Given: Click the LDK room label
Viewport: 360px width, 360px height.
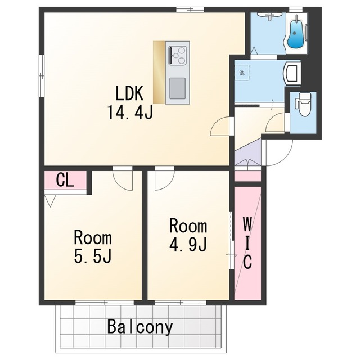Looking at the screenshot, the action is [x=129, y=93].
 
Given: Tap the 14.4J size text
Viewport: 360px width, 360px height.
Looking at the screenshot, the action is [x=130, y=112].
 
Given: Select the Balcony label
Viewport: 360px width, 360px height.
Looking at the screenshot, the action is [x=140, y=327].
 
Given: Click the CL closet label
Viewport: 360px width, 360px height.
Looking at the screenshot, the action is [x=65, y=180].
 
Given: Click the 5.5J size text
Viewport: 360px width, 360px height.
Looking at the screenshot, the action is [x=93, y=256].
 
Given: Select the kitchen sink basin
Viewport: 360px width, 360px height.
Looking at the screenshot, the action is [x=178, y=89].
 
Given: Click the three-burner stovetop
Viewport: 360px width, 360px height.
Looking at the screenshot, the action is [x=178, y=55].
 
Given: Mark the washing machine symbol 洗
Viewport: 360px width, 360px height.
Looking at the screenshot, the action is [x=242, y=73].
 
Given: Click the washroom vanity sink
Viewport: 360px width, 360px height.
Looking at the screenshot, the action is [x=292, y=73].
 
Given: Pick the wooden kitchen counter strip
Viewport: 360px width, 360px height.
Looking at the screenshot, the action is [x=159, y=73].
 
